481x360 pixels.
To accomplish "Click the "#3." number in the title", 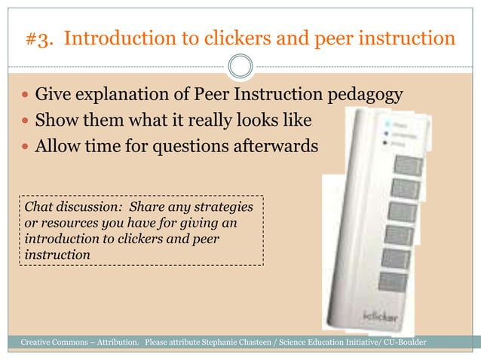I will (41, 39).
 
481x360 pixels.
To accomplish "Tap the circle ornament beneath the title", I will (240, 66).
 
